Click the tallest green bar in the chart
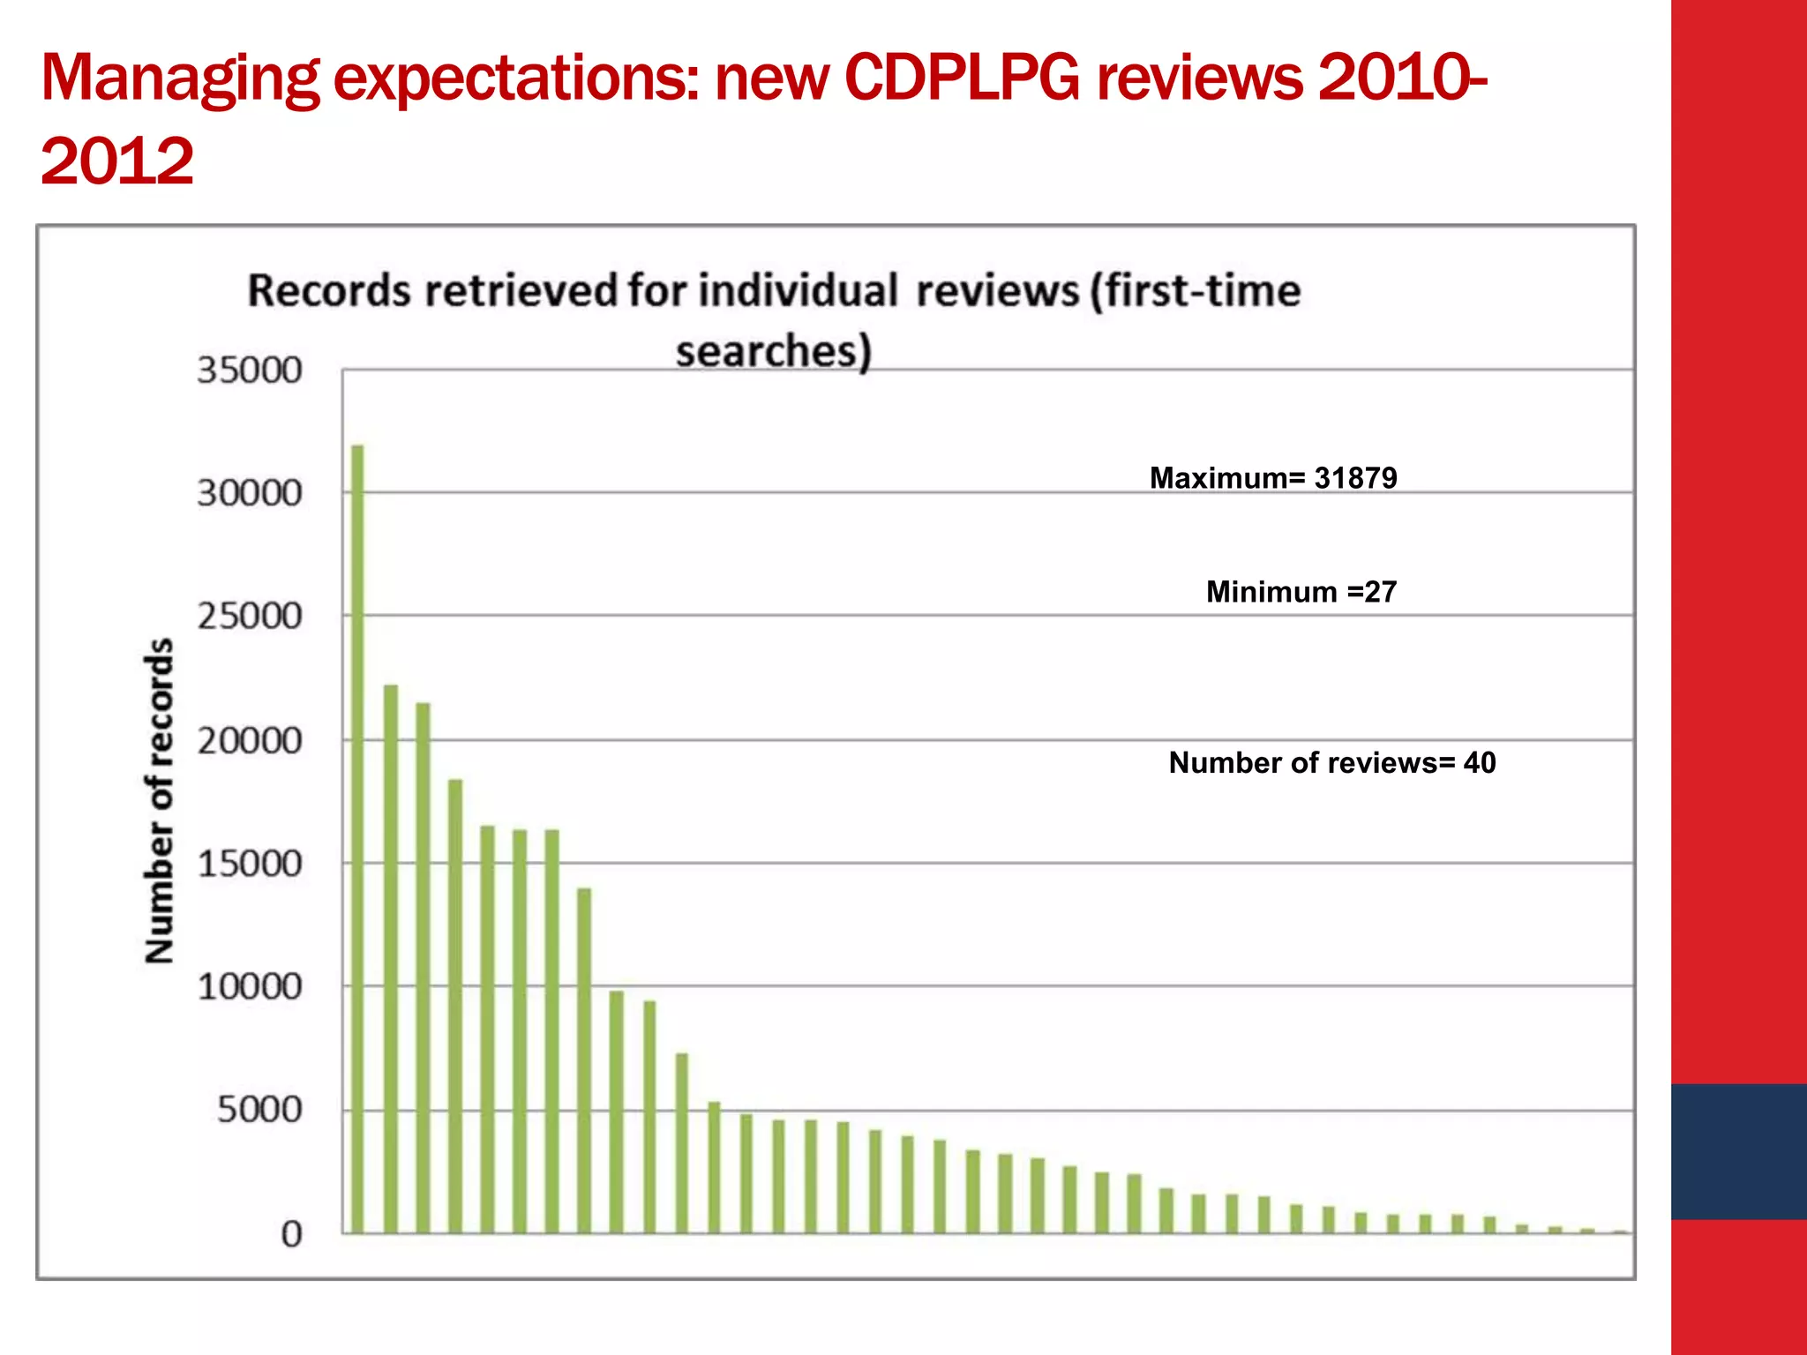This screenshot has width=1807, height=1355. (357, 838)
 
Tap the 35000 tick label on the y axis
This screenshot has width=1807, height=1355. (249, 371)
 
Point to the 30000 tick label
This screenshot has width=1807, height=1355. (249, 493)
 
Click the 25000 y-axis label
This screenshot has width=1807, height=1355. (249, 617)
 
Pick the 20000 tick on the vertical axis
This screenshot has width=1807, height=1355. (249, 741)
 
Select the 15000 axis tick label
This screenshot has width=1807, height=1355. (249, 864)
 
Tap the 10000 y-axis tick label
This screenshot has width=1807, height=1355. (249, 987)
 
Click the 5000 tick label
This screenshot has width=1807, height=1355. (259, 1110)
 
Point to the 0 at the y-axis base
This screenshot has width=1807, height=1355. (291, 1234)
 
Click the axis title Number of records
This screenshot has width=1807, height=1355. (159, 800)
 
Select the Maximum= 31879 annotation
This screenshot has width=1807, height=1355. (1272, 478)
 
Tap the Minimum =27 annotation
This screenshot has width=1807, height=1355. (1301, 591)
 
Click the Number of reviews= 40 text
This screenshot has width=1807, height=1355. (1331, 762)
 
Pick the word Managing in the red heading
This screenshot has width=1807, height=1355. (180, 79)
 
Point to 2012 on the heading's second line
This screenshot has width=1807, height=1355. (116, 161)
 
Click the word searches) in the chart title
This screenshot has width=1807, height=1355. (774, 350)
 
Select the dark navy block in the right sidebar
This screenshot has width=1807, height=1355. (1738, 1151)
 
